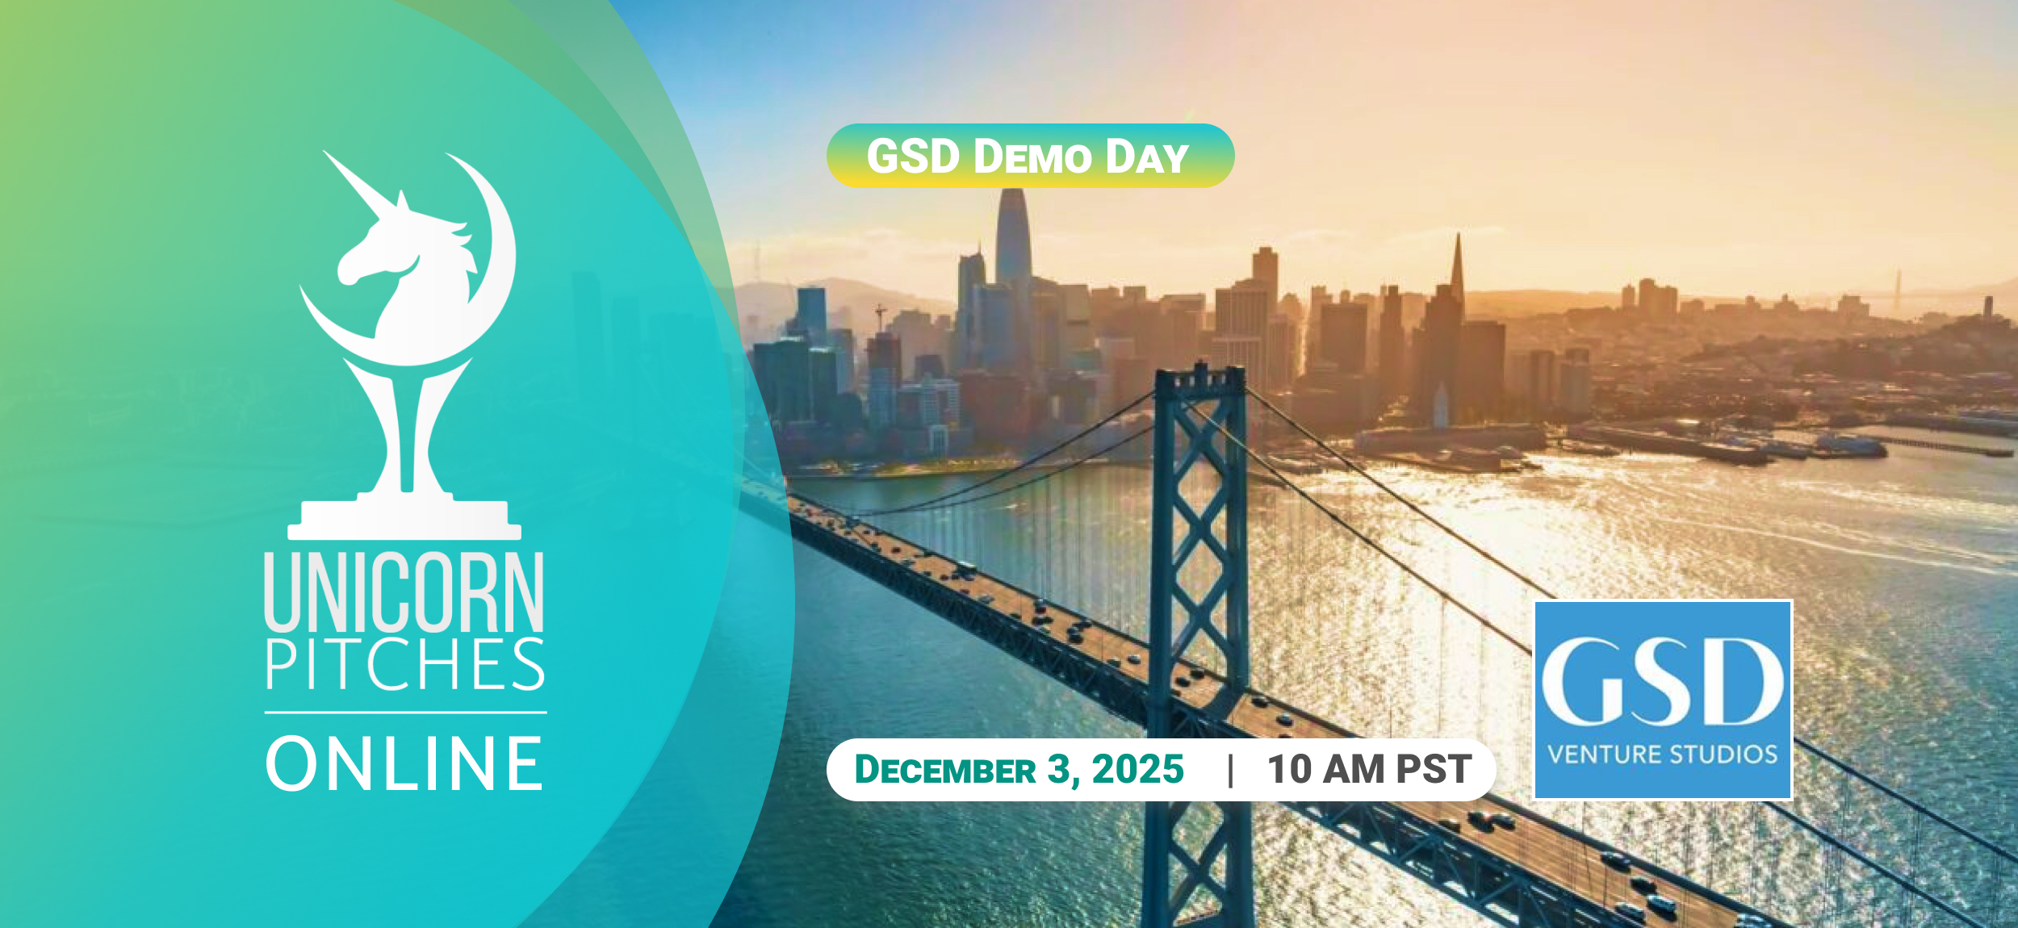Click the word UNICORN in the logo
pos(404,591)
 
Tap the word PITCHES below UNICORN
pos(405,664)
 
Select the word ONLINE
pos(404,763)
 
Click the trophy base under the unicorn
pos(404,520)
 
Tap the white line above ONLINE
pos(405,713)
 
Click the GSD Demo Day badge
pos(1030,156)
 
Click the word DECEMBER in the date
pos(945,769)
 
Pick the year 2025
pos(1138,769)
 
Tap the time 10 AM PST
pos(1369,769)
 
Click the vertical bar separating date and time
pos(1230,770)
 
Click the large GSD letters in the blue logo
pos(1663,682)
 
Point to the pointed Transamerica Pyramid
pos(1458,274)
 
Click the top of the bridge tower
pos(1199,373)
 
